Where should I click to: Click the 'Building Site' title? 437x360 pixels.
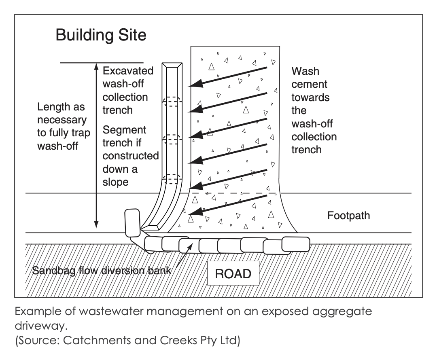click(101, 35)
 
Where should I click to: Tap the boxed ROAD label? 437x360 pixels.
click(233, 274)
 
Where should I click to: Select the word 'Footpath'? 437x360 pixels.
click(348, 216)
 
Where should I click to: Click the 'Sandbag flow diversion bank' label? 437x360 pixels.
click(102, 271)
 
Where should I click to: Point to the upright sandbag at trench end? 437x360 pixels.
click(132, 222)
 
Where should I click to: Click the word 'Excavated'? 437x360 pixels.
click(128, 71)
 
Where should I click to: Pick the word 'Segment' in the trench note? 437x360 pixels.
click(124, 130)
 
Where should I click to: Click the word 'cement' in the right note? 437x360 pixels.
click(309, 84)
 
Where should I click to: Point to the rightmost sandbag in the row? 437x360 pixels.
click(295, 244)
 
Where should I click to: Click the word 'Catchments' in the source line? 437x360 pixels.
click(93, 341)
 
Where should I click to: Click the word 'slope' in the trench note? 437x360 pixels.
click(115, 182)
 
